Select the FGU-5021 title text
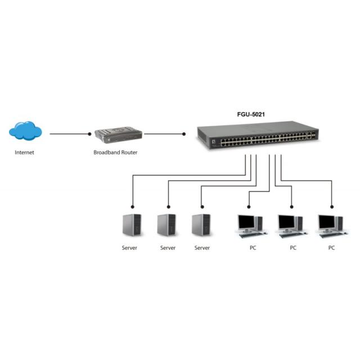coord(251,114)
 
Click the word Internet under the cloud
coord(24,152)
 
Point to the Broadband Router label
coord(115,152)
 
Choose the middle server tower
coord(166,225)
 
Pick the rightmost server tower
coord(201,225)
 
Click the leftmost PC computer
coord(250,224)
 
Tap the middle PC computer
coord(291,224)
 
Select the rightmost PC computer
coord(331,224)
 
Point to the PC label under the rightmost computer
coord(331,248)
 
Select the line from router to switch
coord(164,134)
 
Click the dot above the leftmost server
coord(132,205)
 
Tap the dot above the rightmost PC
coord(331,205)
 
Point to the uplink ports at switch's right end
coord(312,136)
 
